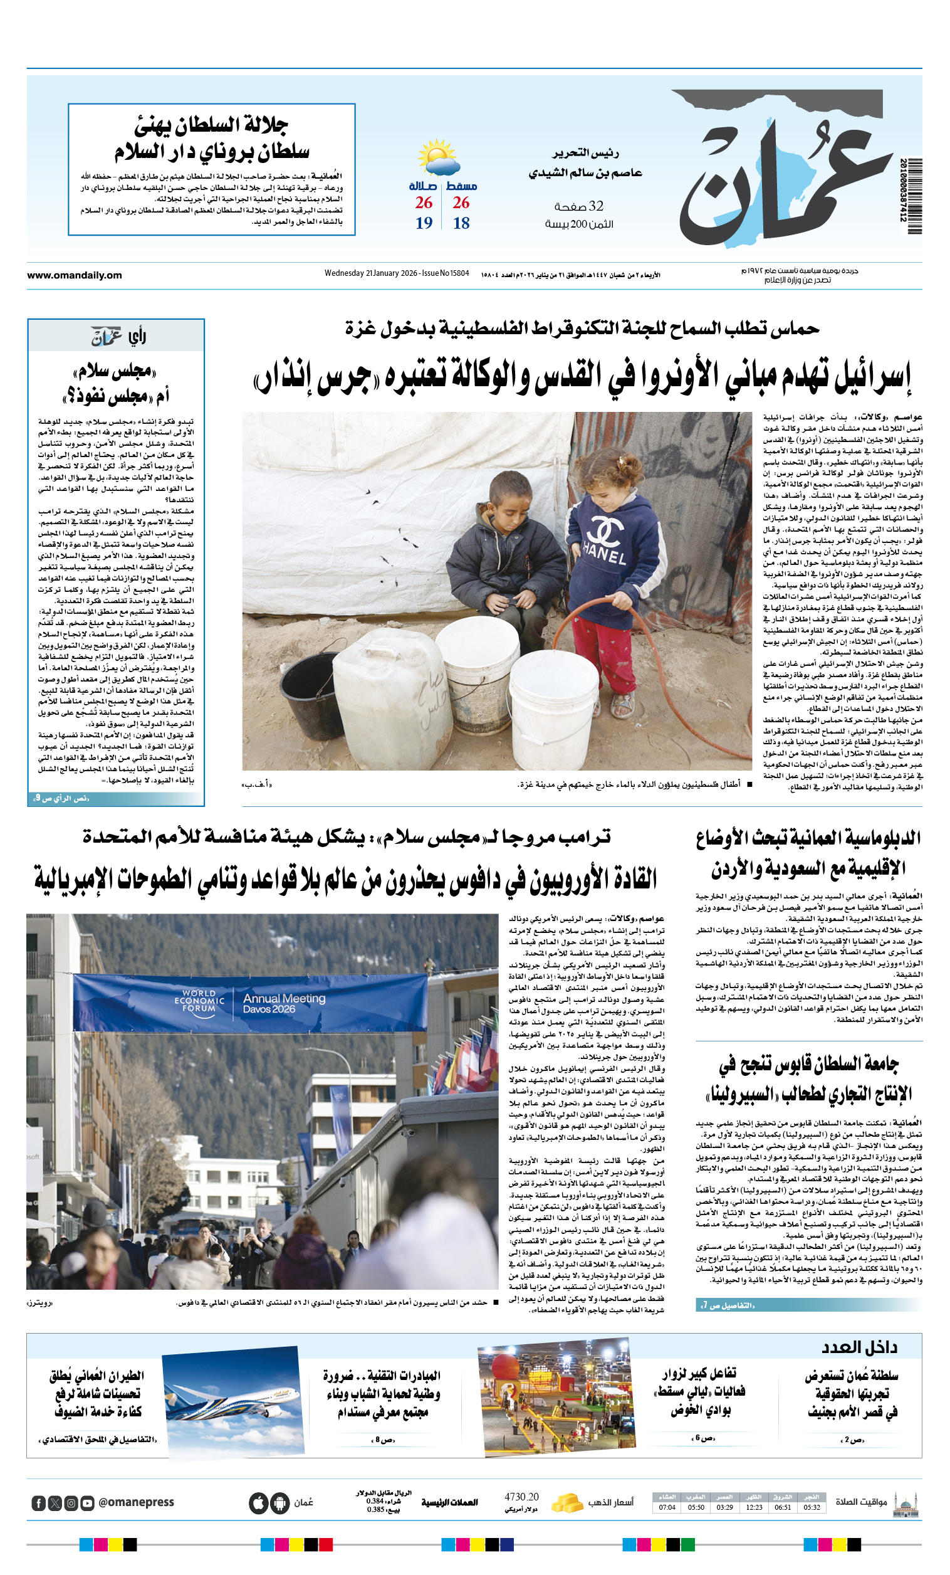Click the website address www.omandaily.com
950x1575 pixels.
[74, 275]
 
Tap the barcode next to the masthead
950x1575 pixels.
[914, 196]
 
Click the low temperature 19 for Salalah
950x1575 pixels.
[424, 223]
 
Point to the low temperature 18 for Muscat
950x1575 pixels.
[461, 223]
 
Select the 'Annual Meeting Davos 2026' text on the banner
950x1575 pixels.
[284, 1003]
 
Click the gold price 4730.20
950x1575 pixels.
[521, 1497]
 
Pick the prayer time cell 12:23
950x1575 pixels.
[754, 1507]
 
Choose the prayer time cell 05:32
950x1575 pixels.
[812, 1507]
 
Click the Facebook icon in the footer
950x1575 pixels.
[39, 1503]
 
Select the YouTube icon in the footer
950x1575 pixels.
[88, 1503]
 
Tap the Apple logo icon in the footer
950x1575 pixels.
[259, 1503]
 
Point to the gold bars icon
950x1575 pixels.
[566, 1502]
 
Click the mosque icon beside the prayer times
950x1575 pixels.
[906, 1504]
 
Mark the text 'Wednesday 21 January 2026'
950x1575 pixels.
[370, 273]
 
